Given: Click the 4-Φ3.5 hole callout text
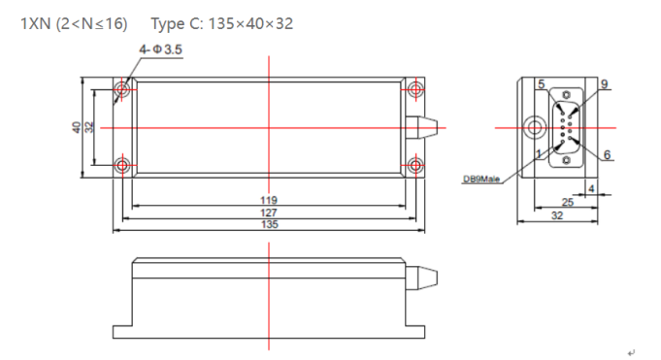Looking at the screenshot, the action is pos(160,49).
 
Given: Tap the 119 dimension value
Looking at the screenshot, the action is pos(269,200).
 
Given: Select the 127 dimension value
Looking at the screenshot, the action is pos(269,213).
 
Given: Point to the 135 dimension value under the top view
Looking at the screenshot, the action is pos(270,224).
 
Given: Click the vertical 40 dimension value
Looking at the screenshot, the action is pos(77,127).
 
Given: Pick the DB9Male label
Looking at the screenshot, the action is pos(481,180).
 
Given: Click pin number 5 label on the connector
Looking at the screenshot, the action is pos(542,84).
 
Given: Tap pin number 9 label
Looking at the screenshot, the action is pos(604,84).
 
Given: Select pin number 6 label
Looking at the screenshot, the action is pos(607,154).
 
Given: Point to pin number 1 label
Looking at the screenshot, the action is pos(539,154).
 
